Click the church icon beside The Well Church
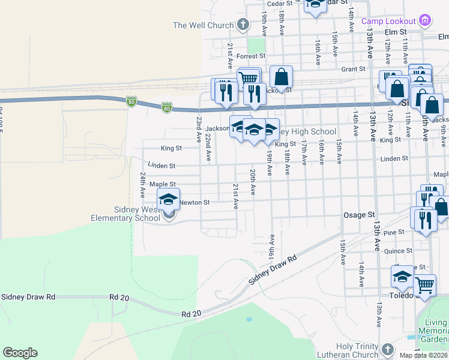pos(243,25)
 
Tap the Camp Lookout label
pos(388,21)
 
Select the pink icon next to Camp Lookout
pos(425,21)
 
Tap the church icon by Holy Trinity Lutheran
pos(388,349)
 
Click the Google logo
pos(20,352)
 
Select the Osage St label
pos(359,214)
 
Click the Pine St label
pos(394,232)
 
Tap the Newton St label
pos(194,203)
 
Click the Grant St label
pos(353,69)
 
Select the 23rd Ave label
pos(198,129)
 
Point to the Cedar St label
pos(279,4)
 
